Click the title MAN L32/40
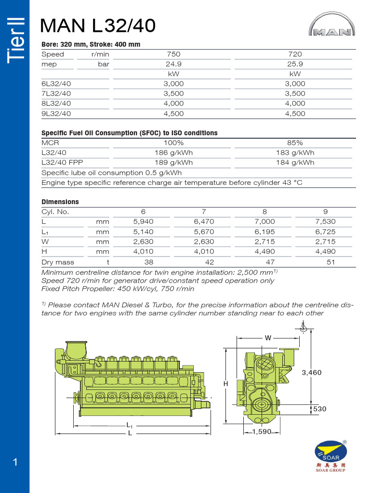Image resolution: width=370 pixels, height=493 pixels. [x=98, y=26]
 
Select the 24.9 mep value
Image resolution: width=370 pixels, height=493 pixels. [x=173, y=64]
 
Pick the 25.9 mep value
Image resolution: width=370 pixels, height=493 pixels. [x=295, y=64]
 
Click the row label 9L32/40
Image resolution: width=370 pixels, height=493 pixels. [x=56, y=114]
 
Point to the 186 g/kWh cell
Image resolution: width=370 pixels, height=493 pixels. [x=173, y=153]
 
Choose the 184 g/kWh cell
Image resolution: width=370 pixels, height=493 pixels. [x=295, y=162]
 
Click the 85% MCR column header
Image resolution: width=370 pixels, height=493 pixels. [x=295, y=143]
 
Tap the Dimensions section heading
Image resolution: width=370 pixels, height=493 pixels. [x=60, y=202]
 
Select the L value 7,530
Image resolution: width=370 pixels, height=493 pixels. [x=325, y=222]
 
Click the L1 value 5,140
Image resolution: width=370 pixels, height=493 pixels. [x=143, y=232]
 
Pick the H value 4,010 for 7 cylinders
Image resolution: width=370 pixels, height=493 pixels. [x=204, y=251]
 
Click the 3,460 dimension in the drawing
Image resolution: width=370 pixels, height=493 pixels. [x=312, y=373]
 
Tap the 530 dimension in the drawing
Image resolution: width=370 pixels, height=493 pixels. [x=319, y=409]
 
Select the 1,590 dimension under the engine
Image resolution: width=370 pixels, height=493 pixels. [x=262, y=432]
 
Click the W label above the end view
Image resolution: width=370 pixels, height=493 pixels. [x=268, y=338]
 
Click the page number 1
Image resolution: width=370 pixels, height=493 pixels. [x=15, y=463]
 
